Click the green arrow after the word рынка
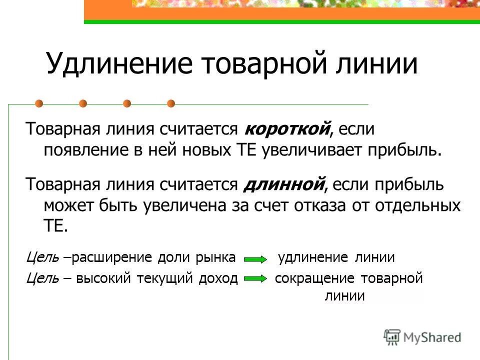[x=255, y=259]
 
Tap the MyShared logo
[x=422, y=337]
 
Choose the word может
[x=66, y=204]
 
